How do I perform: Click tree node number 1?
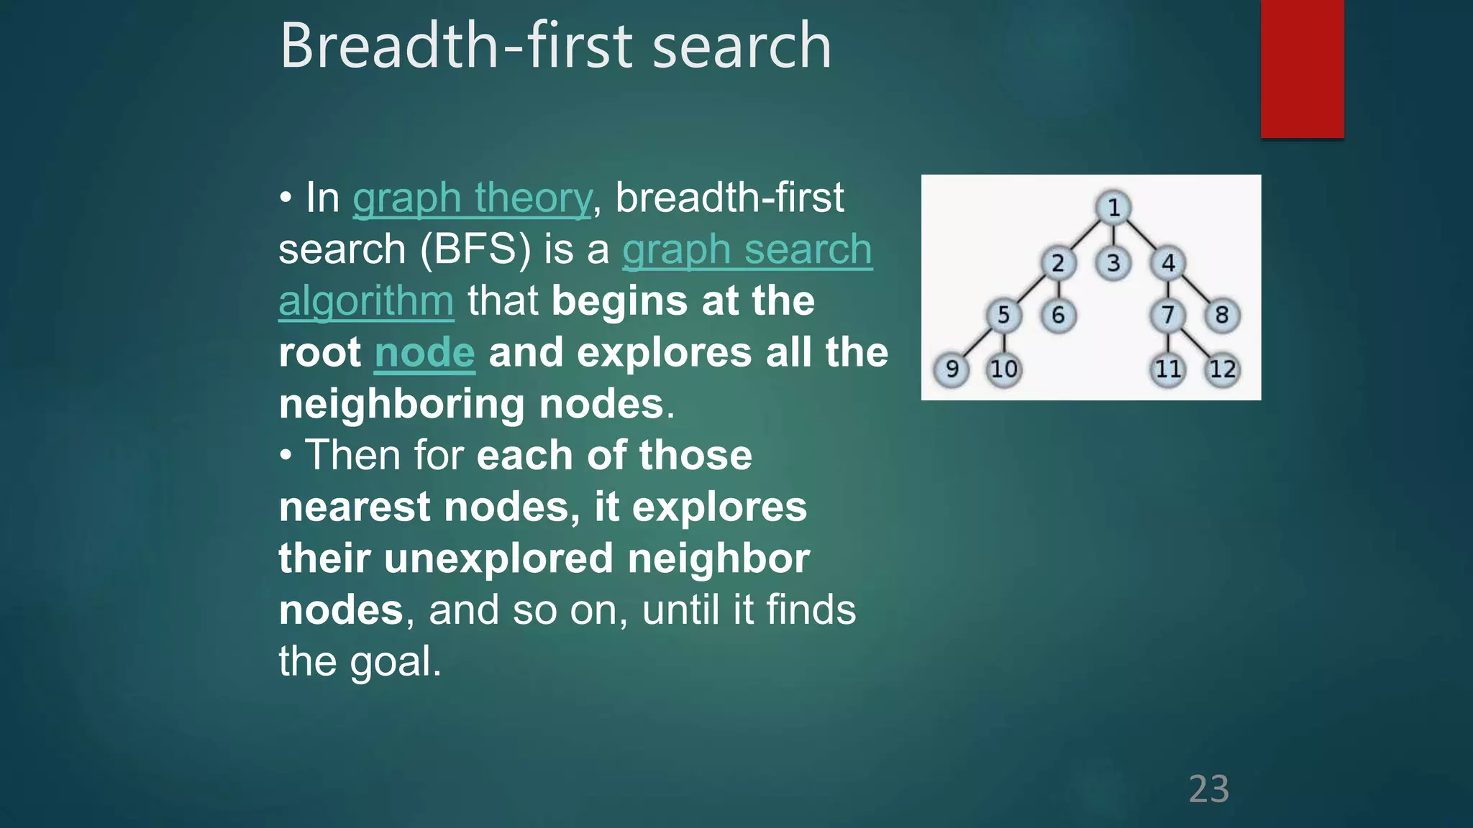[x=1113, y=208]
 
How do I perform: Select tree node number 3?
[x=1113, y=263]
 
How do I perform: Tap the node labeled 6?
[x=1058, y=316]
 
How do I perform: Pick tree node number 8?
[x=1222, y=316]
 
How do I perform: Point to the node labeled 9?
[x=952, y=369]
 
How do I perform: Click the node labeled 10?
[x=1004, y=369]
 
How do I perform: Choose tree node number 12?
[x=1222, y=369]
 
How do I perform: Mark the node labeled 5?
[x=1003, y=316]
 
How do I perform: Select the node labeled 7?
[x=1168, y=316]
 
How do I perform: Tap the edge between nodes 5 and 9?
[x=977, y=343]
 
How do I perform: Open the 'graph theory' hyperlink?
[x=472, y=198]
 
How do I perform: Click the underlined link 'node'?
[x=424, y=352]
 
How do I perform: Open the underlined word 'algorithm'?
[x=365, y=300]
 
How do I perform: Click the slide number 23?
[x=1208, y=789]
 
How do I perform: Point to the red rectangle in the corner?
[x=1302, y=68]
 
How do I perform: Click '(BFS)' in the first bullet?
[x=475, y=249]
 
